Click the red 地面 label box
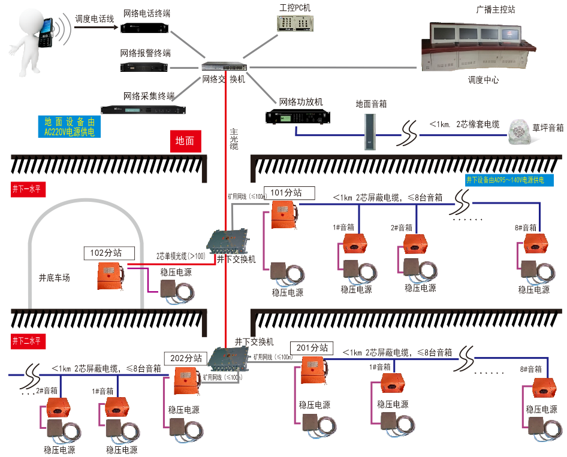[185, 141]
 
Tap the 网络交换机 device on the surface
[224, 66]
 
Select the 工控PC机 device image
[295, 23]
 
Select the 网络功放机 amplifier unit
[298, 116]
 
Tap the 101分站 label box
[286, 192]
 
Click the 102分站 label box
[105, 253]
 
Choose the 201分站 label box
[312, 347]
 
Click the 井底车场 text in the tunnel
[55, 277]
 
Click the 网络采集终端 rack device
[143, 109]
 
